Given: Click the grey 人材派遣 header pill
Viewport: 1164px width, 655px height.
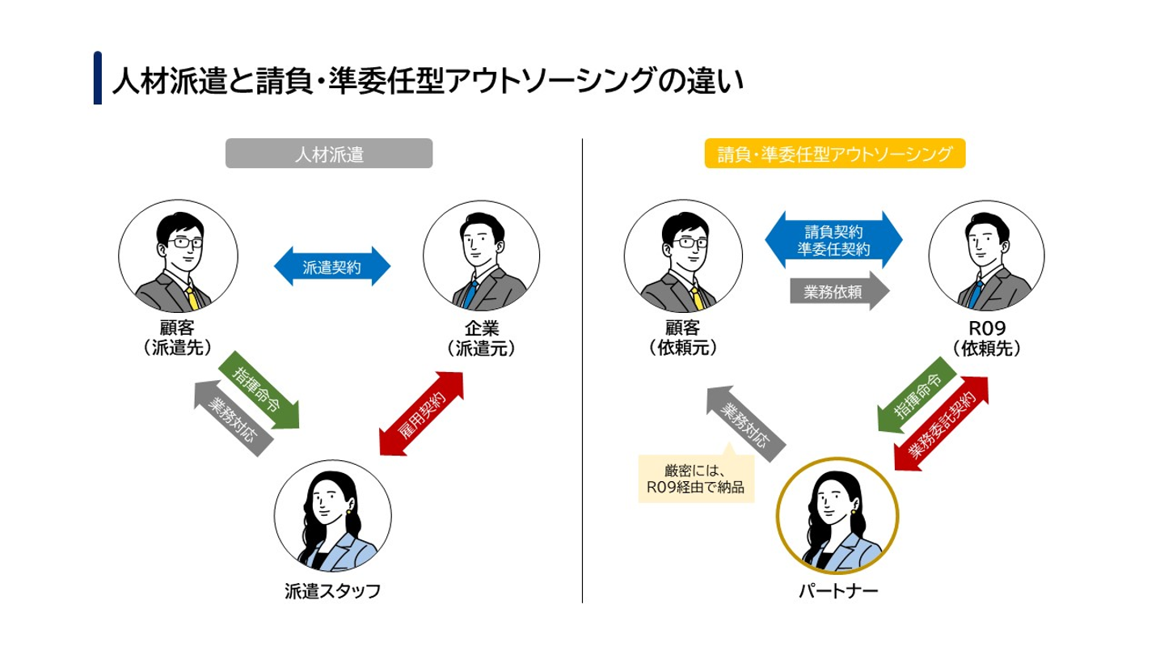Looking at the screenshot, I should click(x=329, y=154).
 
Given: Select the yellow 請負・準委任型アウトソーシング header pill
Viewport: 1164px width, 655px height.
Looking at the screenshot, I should click(x=835, y=154).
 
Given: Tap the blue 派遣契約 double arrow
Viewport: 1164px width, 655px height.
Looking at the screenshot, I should click(x=332, y=267).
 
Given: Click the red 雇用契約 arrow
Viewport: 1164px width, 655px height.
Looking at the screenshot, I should click(x=422, y=412).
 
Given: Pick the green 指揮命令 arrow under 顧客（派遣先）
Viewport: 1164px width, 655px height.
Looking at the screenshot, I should click(x=259, y=390).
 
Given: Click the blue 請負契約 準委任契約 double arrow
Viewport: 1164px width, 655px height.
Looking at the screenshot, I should click(x=833, y=240).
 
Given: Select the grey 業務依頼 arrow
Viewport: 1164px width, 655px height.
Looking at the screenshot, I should click(x=839, y=292).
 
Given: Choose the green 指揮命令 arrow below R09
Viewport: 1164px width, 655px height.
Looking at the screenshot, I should click(x=917, y=399).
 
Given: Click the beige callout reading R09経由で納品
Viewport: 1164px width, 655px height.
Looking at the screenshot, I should click(x=696, y=479).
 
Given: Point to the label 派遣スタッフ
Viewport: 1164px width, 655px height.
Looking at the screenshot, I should click(x=332, y=591).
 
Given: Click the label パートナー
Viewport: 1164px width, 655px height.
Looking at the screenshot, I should click(x=837, y=591).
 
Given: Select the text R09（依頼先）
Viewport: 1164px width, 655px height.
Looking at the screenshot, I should click(x=985, y=339).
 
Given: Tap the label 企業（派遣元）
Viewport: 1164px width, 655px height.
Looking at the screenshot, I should click(x=482, y=339).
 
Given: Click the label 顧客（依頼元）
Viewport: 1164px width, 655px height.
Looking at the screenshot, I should click(x=682, y=339).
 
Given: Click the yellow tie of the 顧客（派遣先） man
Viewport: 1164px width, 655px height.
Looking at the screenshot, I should click(x=192, y=297).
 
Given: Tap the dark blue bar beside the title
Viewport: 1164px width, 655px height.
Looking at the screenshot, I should click(x=98, y=78).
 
